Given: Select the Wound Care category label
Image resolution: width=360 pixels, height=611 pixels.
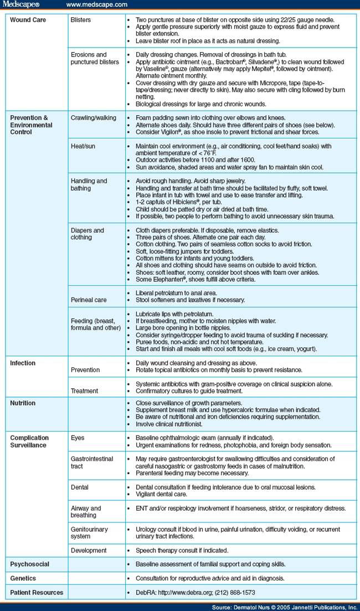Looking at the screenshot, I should point(28,20).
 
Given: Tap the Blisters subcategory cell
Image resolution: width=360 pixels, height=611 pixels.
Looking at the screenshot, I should point(81,20).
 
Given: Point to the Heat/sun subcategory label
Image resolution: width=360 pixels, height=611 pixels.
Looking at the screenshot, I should point(85,146).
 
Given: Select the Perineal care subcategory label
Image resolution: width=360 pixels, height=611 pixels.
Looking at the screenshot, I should point(89,300).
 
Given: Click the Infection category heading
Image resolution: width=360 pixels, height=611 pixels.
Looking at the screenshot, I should point(23,363).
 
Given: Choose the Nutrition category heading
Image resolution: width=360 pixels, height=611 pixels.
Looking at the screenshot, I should point(23,403).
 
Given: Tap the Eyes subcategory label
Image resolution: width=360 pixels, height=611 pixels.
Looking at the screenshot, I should point(78,438).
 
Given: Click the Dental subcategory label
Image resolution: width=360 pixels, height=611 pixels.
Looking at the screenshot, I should point(80,487).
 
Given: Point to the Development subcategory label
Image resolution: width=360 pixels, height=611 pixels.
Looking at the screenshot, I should point(89,551).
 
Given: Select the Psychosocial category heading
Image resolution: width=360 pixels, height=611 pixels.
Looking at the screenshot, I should point(30,564).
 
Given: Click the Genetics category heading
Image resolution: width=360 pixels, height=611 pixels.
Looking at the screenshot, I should point(24,578).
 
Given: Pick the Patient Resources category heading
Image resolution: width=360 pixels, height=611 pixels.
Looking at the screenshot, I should point(37,592).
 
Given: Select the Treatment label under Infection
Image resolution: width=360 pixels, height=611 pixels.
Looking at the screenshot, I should point(85,391).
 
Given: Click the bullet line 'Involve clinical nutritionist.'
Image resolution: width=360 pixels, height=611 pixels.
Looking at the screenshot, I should point(169,424).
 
